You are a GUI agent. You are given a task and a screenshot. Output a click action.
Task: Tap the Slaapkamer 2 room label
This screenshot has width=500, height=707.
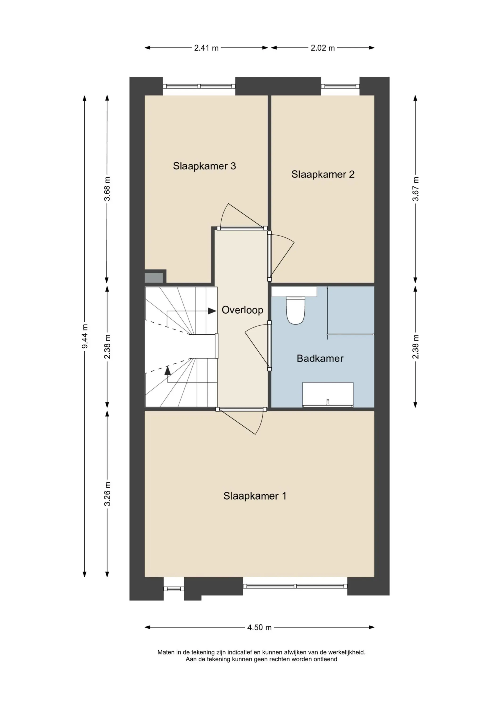323,175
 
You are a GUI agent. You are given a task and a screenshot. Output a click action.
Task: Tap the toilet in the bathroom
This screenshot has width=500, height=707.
295,310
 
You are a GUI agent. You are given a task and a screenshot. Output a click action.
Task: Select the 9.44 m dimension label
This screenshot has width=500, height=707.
85,336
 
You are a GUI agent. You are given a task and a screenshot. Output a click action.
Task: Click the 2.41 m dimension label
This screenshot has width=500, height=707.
206,48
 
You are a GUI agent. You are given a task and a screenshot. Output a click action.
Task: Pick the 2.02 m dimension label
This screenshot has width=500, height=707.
322,48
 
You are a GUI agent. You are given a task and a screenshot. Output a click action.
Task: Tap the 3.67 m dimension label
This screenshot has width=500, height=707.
416,189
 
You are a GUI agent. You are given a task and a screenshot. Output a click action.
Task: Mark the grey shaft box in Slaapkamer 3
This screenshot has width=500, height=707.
154,278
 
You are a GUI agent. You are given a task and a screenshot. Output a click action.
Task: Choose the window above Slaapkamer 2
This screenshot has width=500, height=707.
340,86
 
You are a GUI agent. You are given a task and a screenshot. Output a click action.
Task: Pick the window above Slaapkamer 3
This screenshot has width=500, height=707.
199,86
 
